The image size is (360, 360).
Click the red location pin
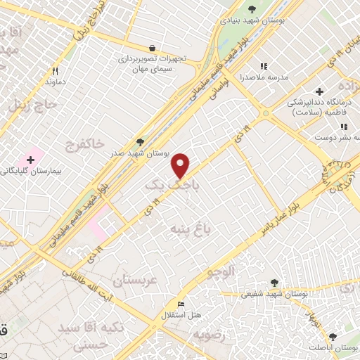click(x=181, y=165)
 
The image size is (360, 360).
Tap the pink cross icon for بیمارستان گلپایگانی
click(x=30, y=160)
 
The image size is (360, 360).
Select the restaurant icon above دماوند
click(x=54, y=71)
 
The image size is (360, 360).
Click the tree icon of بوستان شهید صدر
click(x=140, y=143)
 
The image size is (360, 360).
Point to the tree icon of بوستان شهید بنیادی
click(x=252, y=9)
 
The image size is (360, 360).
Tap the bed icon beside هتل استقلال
click(x=181, y=304)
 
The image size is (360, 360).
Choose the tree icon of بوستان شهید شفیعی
click(x=274, y=283)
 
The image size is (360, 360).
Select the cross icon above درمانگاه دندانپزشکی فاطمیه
click(x=320, y=91)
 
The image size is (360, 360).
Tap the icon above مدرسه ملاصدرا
click(x=264, y=66)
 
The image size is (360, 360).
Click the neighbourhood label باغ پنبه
click(x=189, y=229)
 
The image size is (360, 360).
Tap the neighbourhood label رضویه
click(x=211, y=334)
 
